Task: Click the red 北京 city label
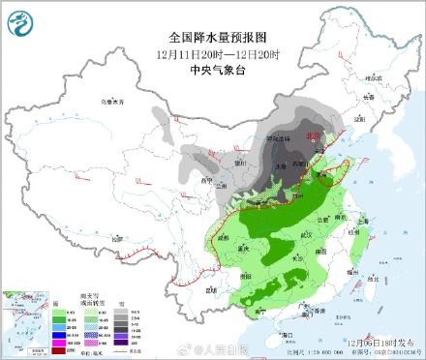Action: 312,138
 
